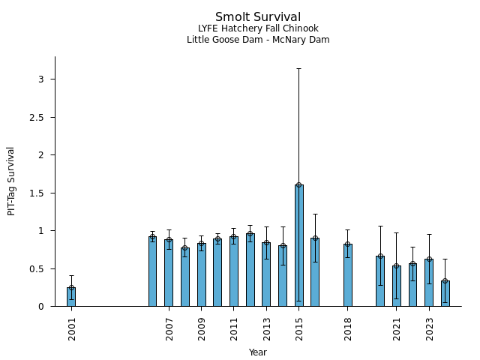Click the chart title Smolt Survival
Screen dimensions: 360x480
[258, 17]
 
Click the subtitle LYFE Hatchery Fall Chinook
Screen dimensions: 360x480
[258, 29]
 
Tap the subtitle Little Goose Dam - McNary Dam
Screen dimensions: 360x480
[258, 40]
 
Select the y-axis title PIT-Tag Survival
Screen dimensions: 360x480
[11, 181]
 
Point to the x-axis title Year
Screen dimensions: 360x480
[258, 352]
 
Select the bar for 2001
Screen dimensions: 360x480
[71, 297]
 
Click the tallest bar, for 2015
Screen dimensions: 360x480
[299, 245]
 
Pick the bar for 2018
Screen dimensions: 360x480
[348, 275]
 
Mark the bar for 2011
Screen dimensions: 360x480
[234, 271]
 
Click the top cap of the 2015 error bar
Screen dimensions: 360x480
[299, 69]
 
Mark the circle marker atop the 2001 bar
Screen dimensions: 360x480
[71, 287]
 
